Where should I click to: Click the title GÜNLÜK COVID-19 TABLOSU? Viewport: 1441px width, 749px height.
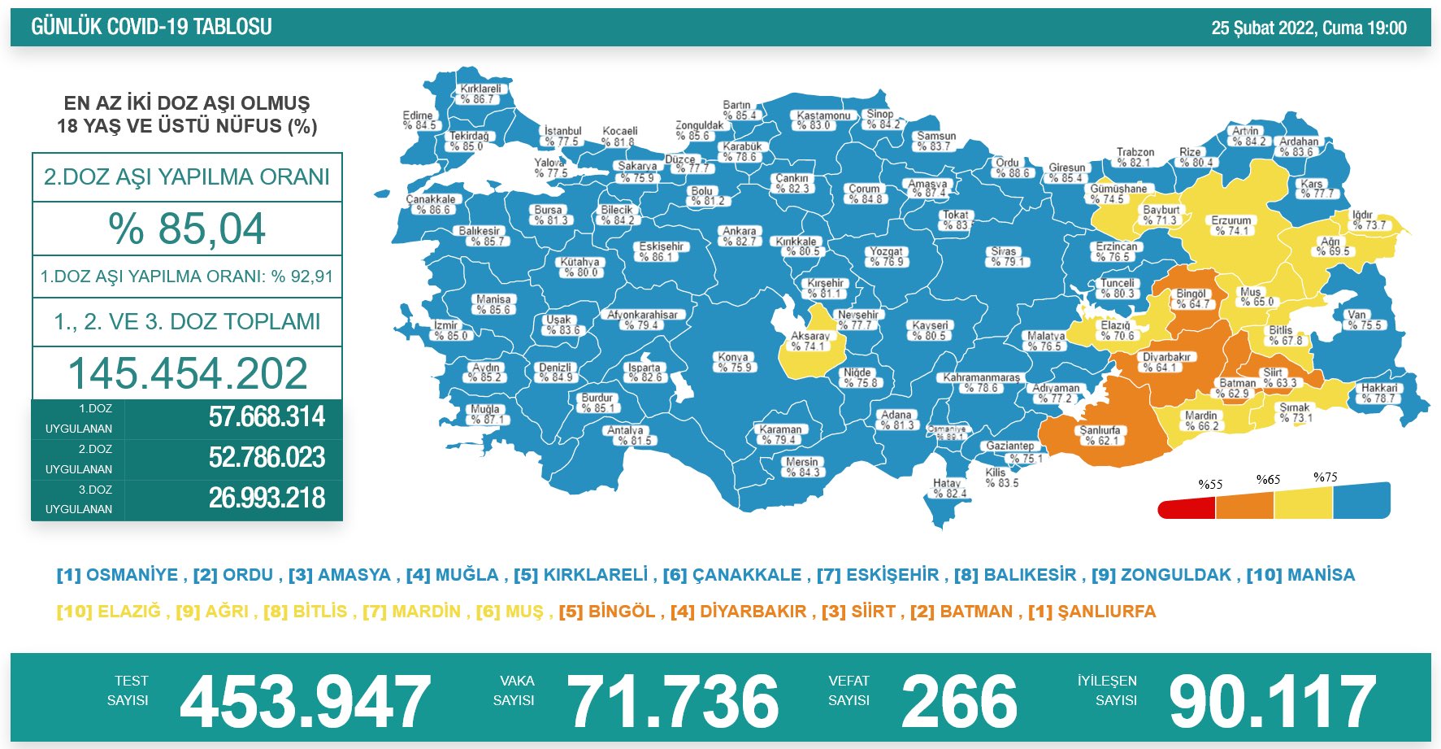(151, 27)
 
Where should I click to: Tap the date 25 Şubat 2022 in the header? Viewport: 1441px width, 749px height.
(1263, 28)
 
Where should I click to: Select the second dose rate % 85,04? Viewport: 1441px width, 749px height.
(187, 229)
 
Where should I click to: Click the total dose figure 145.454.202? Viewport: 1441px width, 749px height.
(187, 373)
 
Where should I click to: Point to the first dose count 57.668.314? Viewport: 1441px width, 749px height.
(267, 417)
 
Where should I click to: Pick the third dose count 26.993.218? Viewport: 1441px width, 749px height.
(267, 498)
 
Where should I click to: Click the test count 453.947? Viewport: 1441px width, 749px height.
(305, 701)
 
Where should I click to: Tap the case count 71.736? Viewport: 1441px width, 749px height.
(673, 701)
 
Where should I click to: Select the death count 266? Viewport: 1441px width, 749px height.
(959, 701)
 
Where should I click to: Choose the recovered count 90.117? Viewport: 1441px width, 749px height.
(1272, 701)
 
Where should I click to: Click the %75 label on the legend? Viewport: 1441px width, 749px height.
(1325, 477)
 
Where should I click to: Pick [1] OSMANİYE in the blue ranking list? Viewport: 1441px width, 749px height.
(117, 575)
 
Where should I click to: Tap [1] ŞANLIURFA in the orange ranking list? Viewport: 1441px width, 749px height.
(1092, 612)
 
